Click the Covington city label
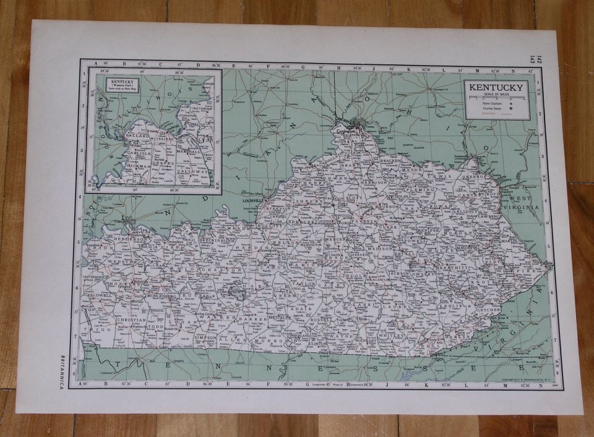(x=348, y=132)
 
